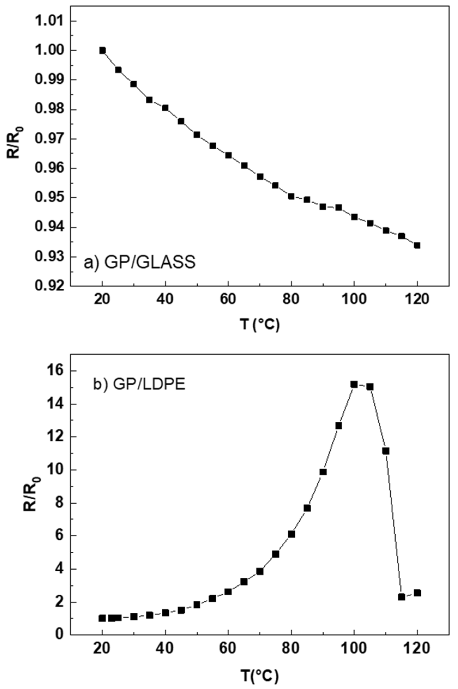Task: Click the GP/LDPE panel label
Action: coord(139,385)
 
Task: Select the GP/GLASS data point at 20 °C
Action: coord(102,50)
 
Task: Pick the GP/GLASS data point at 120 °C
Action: coord(417,245)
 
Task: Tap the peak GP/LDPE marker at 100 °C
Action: coord(354,385)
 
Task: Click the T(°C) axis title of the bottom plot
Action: coord(259,673)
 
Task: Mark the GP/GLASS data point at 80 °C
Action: coord(291,196)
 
